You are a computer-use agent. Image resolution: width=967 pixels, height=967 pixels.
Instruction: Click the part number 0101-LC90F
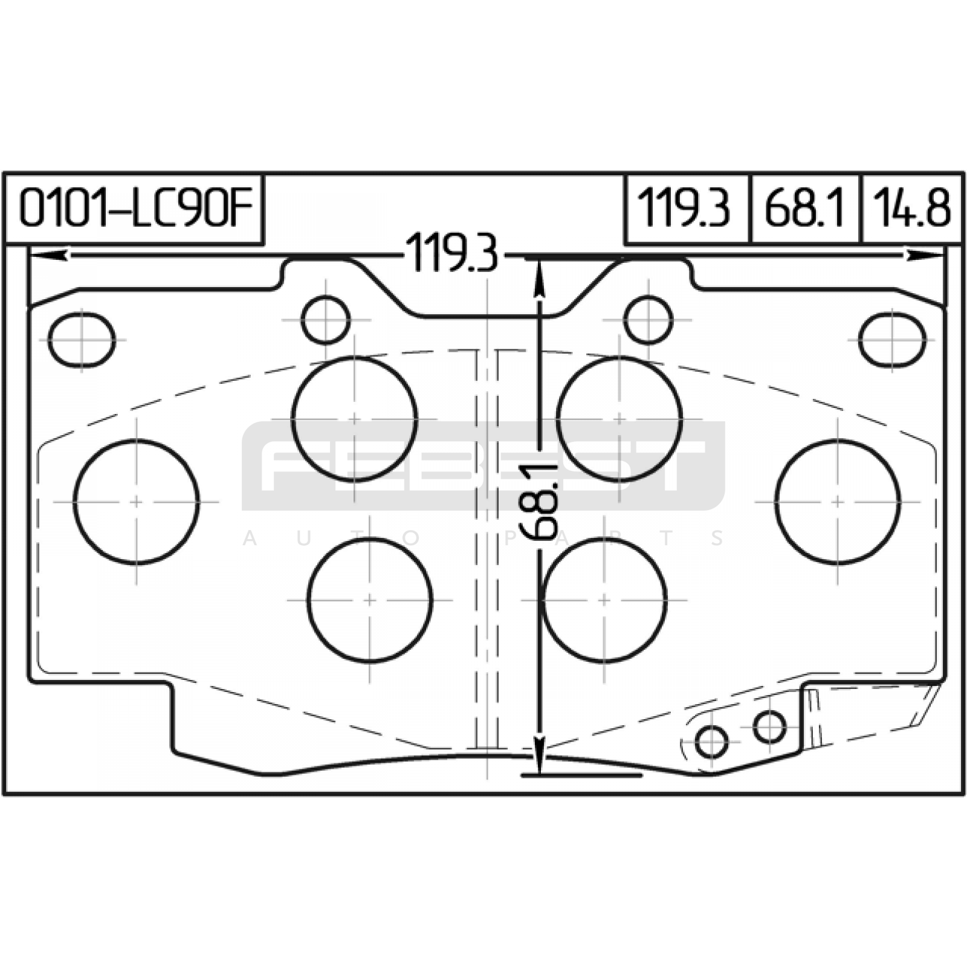pos(135,209)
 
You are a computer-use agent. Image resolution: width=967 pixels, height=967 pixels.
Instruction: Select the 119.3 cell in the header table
pos(687,209)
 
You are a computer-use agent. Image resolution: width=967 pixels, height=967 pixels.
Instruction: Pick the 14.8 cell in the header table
pos(911,209)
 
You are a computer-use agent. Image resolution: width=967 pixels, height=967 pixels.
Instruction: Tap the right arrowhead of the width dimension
pos(925,256)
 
